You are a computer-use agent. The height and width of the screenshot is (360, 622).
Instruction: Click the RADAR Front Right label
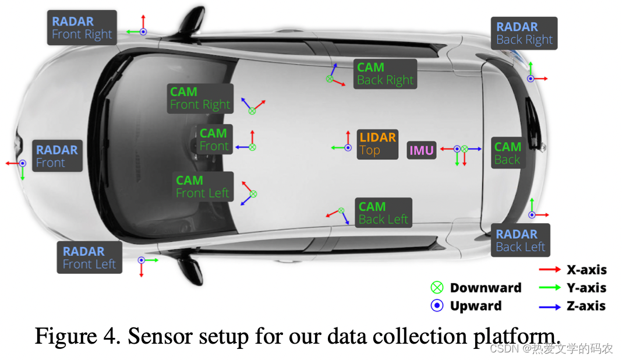tap(82, 27)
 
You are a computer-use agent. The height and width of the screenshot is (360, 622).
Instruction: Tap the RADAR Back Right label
tap(524, 33)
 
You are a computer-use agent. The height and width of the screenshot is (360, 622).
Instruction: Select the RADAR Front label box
tap(57, 156)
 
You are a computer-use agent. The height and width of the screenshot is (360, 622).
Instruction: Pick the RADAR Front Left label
tap(89, 257)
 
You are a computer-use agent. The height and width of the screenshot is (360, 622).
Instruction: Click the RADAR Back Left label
tap(520, 240)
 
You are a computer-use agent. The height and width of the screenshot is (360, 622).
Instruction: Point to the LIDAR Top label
tap(377, 144)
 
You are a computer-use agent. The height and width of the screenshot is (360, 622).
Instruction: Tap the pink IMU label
tap(422, 150)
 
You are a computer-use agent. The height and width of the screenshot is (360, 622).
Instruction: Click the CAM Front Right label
tap(200, 98)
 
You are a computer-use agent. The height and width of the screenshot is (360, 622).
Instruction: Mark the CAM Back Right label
tap(385, 74)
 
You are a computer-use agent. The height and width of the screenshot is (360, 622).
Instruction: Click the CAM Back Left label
tap(383, 213)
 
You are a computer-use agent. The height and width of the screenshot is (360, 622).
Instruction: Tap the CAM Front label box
tap(213, 140)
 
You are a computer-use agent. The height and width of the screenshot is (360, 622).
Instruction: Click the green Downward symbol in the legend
tap(437, 288)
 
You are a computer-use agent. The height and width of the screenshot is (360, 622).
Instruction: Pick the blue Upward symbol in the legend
tap(437, 306)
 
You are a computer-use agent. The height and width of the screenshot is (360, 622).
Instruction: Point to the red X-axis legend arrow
tap(550, 270)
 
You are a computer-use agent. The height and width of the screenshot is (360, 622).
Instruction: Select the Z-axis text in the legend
tap(586, 306)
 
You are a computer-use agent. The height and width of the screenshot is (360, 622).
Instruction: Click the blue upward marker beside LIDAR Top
tap(348, 148)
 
